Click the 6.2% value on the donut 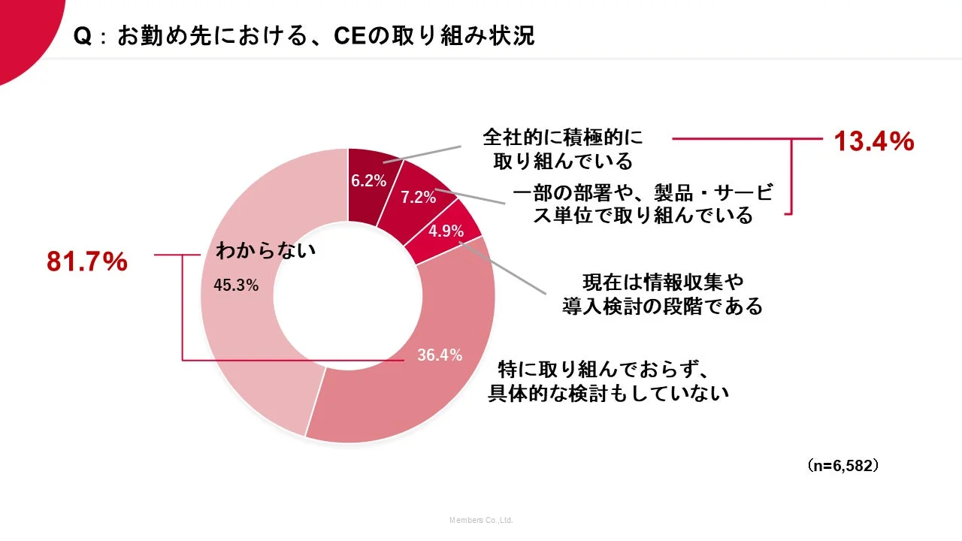368,180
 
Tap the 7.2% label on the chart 418,198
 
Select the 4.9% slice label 446,231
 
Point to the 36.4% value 440,355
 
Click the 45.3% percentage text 237,286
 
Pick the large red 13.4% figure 874,141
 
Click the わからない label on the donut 265,251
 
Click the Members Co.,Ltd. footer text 481,520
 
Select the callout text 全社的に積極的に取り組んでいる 563,149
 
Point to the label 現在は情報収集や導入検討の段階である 662,294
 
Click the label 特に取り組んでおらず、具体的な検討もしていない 609,381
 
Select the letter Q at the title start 83,36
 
